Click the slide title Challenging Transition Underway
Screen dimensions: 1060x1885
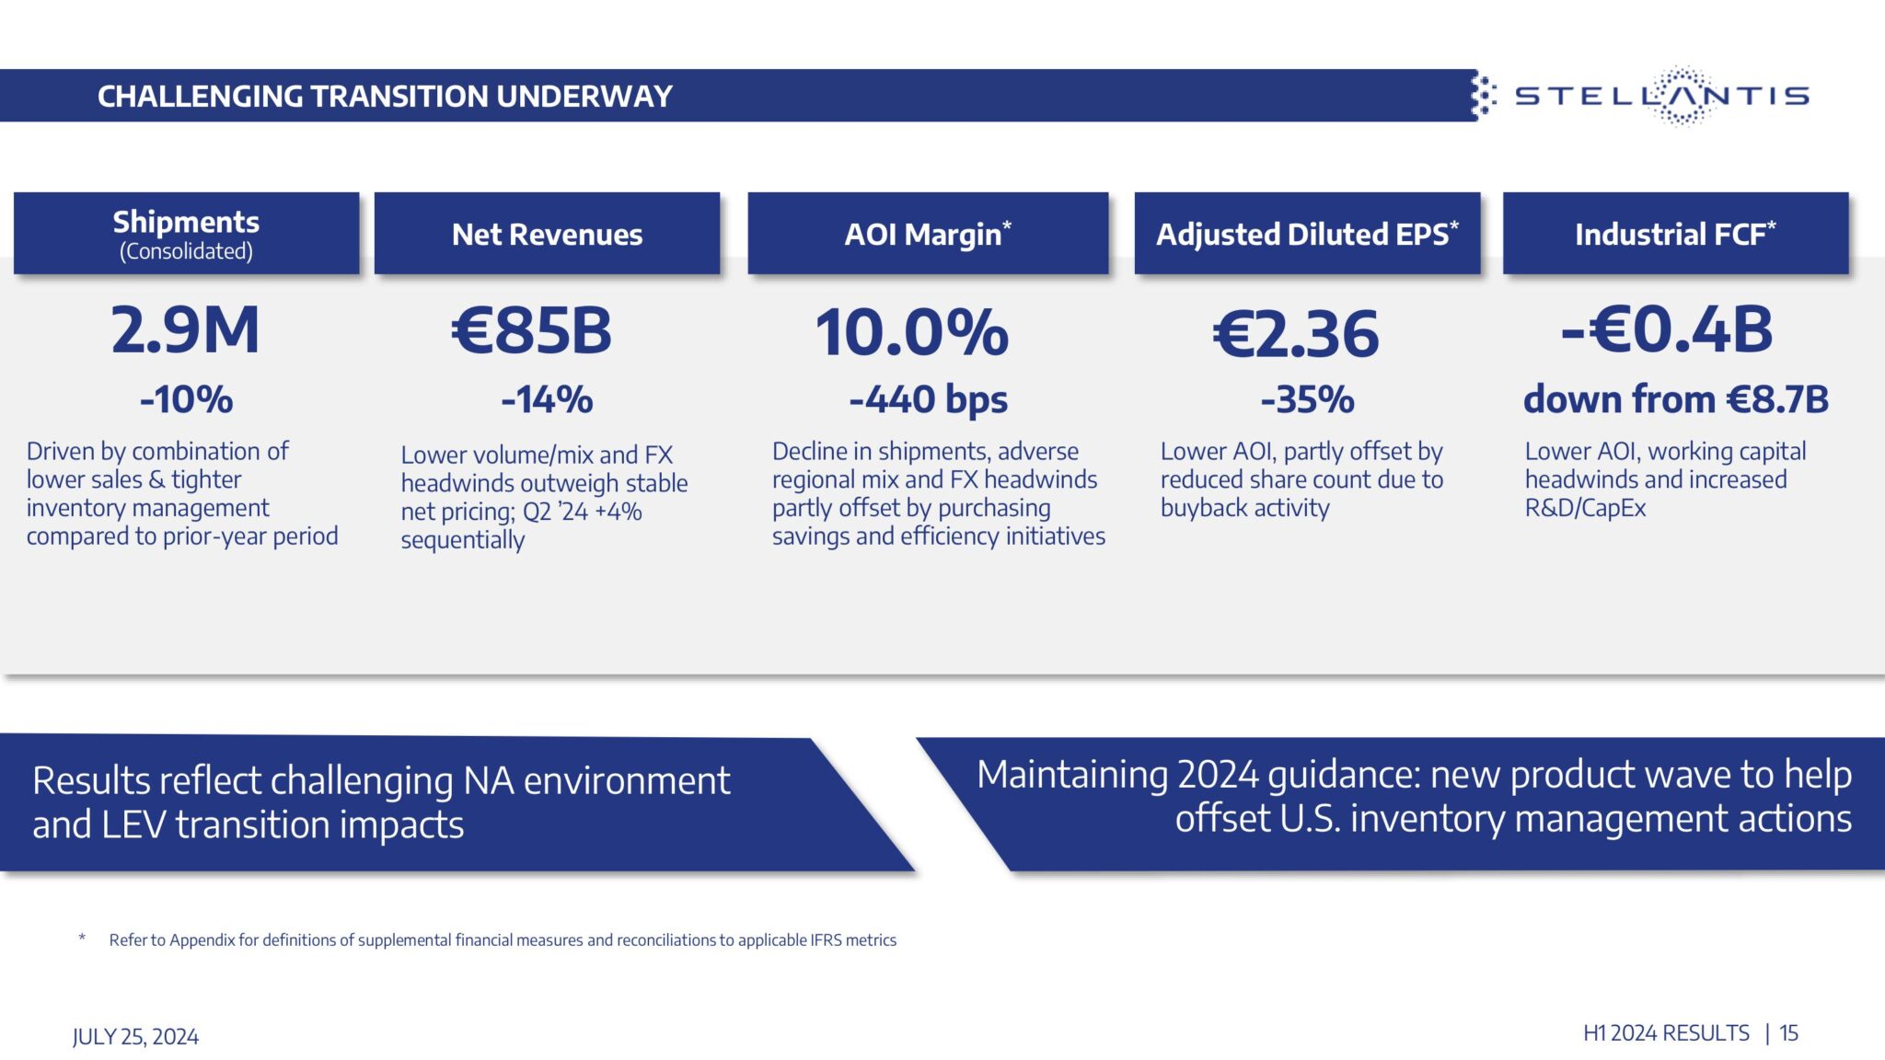pyautogui.click(x=385, y=96)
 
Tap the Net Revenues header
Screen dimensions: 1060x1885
pyautogui.click(x=547, y=235)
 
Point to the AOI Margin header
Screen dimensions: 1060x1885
pyautogui.click(x=927, y=235)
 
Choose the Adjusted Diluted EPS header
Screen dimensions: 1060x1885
pyautogui.click(x=1306, y=235)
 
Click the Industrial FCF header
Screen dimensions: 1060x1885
pyautogui.click(x=1674, y=235)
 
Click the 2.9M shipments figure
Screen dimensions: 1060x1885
pyautogui.click(x=185, y=330)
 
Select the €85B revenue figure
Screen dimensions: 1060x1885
pyautogui.click(x=532, y=330)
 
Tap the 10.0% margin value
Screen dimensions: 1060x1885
pyautogui.click(x=911, y=332)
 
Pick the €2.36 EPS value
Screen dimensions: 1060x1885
pyautogui.click(x=1295, y=334)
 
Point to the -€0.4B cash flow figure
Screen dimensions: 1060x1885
pyautogui.click(x=1667, y=329)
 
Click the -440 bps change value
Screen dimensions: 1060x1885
pyautogui.click(x=928, y=399)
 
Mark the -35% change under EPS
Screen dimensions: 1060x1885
pyautogui.click(x=1307, y=399)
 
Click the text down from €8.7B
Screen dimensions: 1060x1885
pyautogui.click(x=1675, y=399)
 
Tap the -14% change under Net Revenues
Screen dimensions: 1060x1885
pyautogui.click(x=547, y=399)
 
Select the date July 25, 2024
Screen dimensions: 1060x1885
pyautogui.click(x=135, y=1037)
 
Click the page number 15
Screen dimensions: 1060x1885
pyautogui.click(x=1788, y=1033)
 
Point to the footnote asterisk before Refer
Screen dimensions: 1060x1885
pyautogui.click(x=82, y=939)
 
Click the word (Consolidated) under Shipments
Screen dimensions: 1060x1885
pyautogui.click(x=186, y=251)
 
